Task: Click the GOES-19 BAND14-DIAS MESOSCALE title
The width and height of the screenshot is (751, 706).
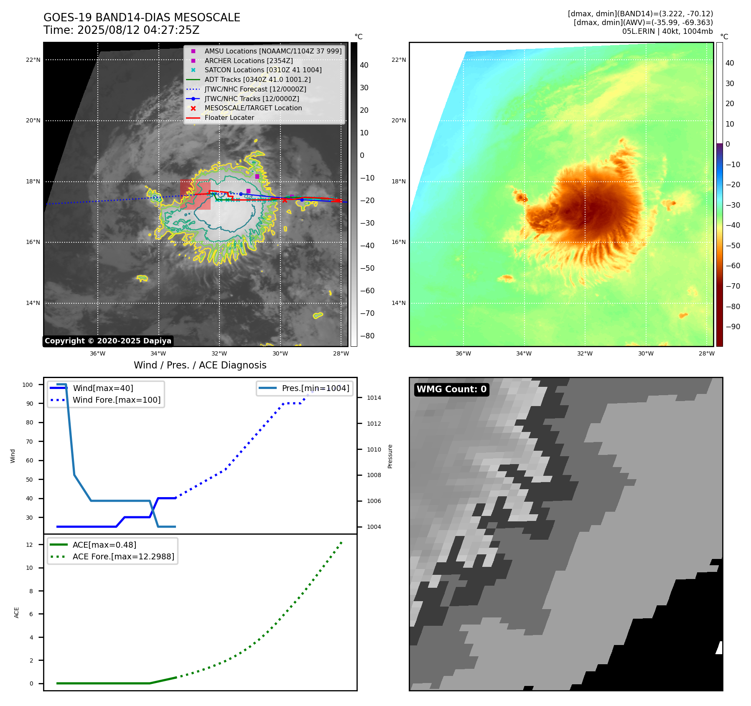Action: click(142, 18)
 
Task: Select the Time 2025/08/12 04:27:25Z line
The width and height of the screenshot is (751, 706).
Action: click(121, 30)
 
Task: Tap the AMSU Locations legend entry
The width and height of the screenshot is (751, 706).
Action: click(272, 51)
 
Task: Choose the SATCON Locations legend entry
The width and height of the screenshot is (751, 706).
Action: click(263, 70)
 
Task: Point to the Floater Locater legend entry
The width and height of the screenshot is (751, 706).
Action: click(229, 117)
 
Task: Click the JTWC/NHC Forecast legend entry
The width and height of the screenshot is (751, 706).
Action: click(255, 89)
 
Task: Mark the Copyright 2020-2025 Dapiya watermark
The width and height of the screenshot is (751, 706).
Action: click(108, 341)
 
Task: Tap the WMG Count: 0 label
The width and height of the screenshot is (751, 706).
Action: click(451, 389)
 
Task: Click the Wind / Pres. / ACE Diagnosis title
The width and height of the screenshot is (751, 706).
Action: click(200, 365)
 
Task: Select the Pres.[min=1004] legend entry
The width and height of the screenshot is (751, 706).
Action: click(315, 388)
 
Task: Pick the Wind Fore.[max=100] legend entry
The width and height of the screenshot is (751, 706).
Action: click(116, 400)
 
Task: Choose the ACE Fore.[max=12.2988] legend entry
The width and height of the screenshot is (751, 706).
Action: click(123, 556)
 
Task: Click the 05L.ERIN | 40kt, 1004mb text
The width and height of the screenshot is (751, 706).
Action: click(667, 31)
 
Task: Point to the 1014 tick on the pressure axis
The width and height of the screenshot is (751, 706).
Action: click(374, 398)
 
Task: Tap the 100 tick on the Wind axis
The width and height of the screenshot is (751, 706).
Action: click(28, 385)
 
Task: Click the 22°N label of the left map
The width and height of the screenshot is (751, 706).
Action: click(33, 60)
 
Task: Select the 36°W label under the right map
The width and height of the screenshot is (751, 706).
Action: click(463, 353)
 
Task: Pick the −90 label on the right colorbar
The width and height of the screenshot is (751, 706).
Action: click(733, 327)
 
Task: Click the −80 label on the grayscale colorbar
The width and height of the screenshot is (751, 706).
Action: click(367, 336)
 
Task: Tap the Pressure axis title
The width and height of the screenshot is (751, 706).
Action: click(390, 456)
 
